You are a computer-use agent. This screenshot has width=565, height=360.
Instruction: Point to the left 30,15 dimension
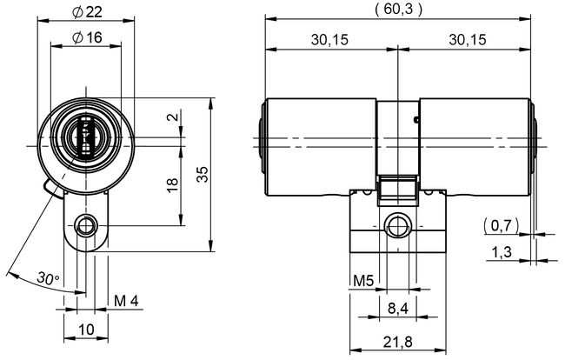coord(329,39)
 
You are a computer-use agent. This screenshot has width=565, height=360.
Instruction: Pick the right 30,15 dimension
coord(468,39)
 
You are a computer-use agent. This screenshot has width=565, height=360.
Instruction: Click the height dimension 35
coord(203,174)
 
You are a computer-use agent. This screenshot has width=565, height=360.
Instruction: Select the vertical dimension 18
coord(172,185)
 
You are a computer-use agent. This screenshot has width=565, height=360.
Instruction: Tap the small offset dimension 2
coord(172,117)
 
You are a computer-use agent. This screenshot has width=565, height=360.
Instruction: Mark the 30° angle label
coord(49,278)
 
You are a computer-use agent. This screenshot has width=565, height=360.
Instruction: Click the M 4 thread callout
coord(127,302)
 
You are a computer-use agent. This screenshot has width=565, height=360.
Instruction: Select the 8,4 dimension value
coord(398,308)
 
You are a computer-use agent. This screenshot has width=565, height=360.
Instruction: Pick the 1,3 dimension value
coord(502,251)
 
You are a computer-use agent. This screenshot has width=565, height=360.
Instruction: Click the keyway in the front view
coord(85,137)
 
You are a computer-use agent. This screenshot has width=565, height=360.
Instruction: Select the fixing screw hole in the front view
coord(85,225)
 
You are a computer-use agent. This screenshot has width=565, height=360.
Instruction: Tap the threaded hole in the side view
coord(398,225)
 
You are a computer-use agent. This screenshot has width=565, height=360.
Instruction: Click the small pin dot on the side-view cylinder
coord(417,119)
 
